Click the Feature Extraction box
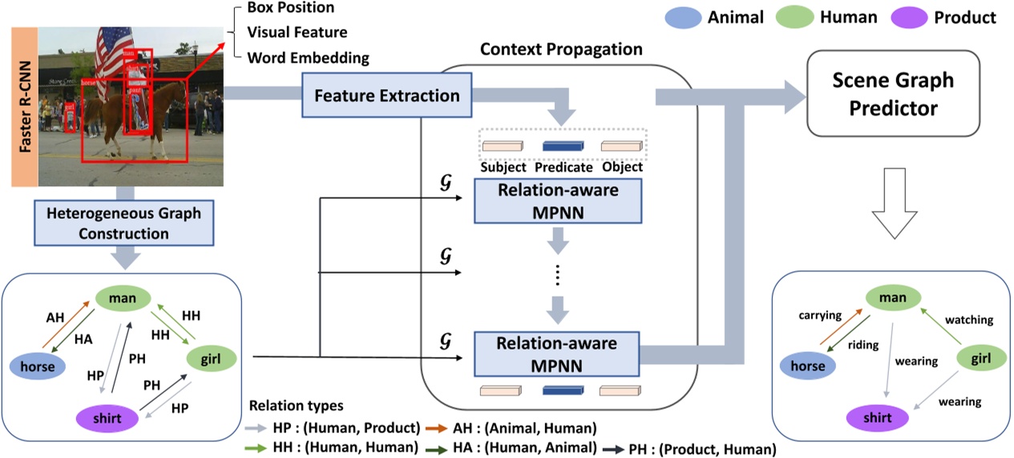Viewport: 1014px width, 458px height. [x=386, y=96]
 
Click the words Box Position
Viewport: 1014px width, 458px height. [x=291, y=8]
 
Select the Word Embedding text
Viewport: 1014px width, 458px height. [x=308, y=58]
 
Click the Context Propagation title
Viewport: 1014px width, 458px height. [x=561, y=50]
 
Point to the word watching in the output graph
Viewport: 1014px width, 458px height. [x=968, y=319]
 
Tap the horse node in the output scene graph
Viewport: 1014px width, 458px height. [x=808, y=366]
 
